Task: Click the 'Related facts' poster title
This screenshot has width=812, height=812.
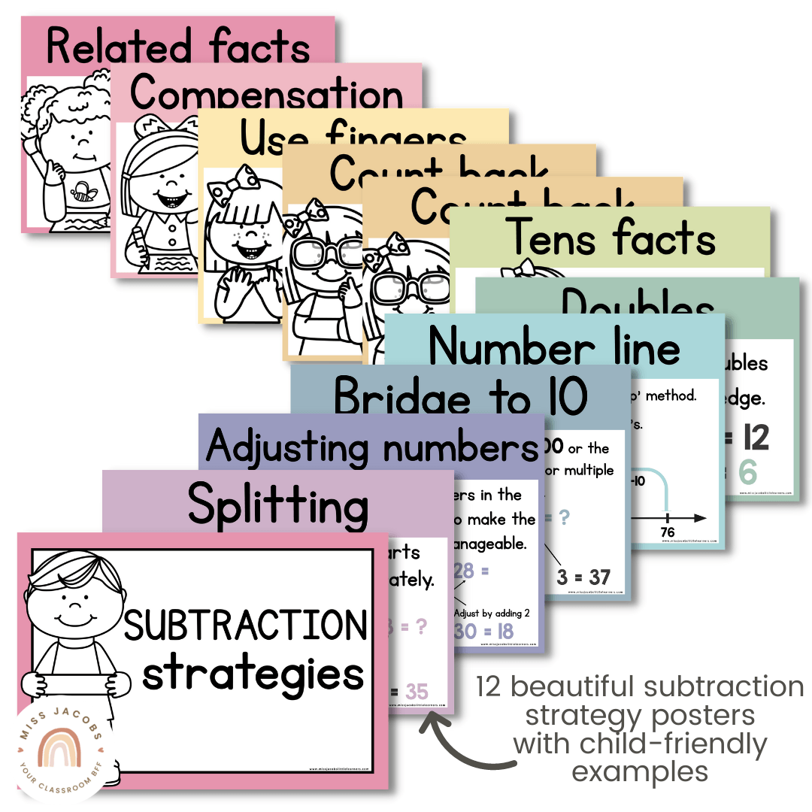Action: point(177,47)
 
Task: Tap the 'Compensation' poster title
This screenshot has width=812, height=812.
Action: point(266,94)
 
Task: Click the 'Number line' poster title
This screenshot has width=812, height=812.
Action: point(554,347)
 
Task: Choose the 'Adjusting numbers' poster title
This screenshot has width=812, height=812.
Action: point(372,447)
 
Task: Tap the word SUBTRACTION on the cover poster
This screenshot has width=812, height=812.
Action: point(246,626)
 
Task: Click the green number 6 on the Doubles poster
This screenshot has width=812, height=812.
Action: point(747,473)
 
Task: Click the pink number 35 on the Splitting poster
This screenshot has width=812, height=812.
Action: point(416,692)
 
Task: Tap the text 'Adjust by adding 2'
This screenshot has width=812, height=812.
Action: point(492,613)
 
